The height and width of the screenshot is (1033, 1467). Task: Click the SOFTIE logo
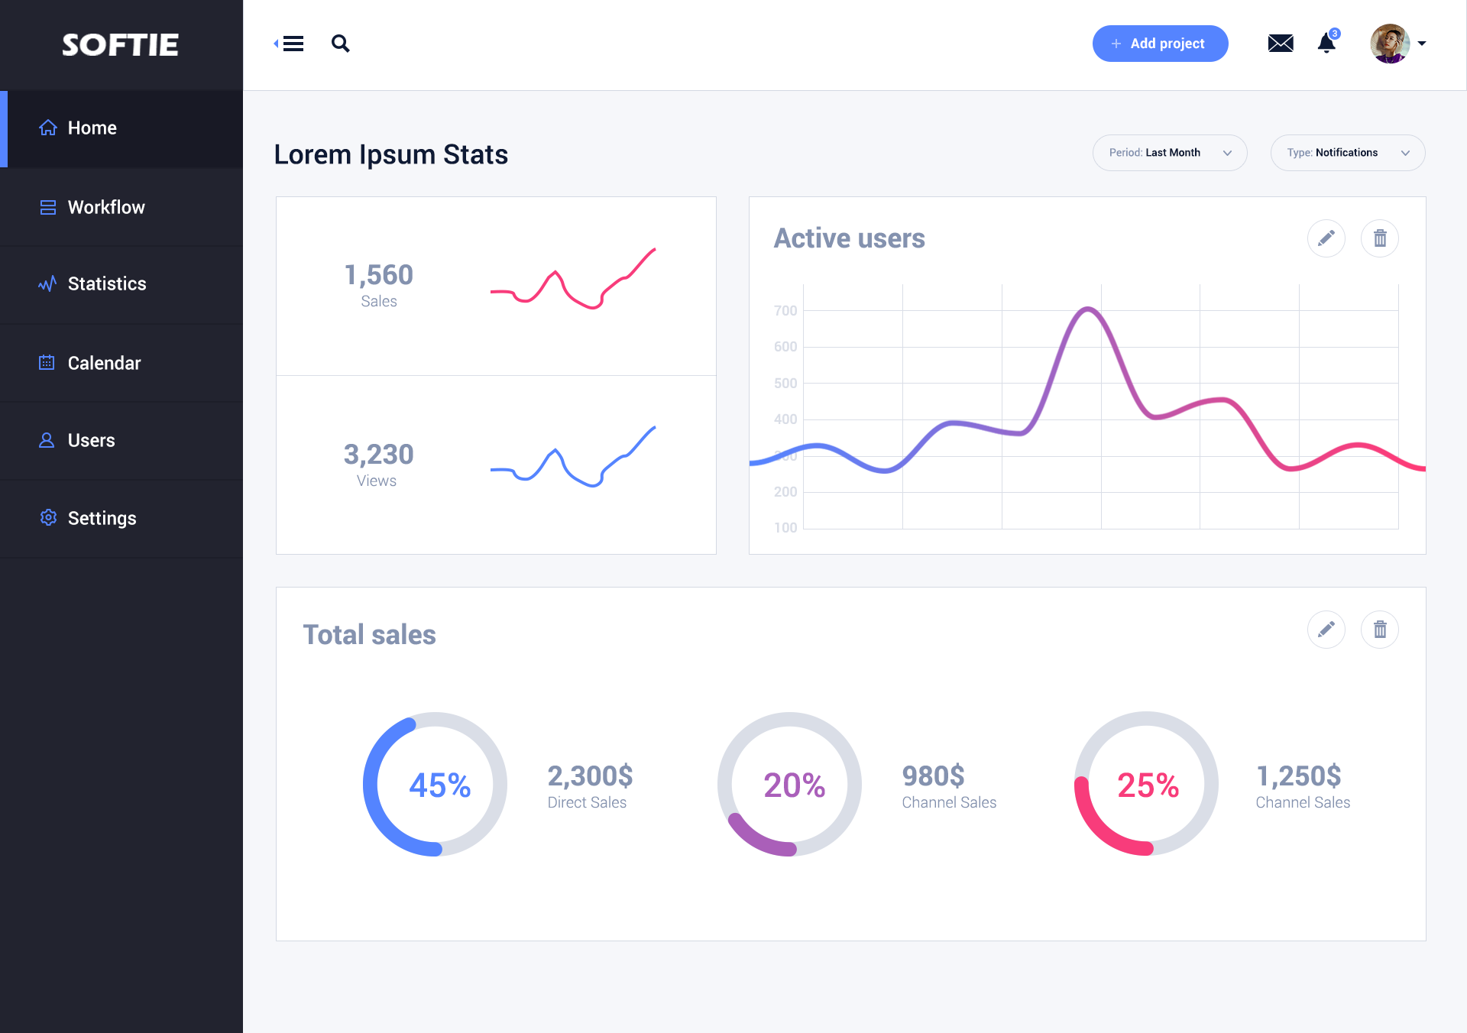[120, 45]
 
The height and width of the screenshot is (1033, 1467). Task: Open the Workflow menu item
[106, 207]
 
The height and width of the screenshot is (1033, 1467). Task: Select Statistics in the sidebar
[107, 283]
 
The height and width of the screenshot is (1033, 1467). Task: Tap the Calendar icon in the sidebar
[47, 362]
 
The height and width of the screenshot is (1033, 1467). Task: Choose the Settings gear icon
[48, 517]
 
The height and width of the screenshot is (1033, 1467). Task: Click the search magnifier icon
[341, 44]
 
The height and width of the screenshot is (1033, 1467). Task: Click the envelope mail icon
[1281, 44]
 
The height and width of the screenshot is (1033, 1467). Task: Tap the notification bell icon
[1327, 44]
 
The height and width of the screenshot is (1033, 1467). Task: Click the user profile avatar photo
[1390, 44]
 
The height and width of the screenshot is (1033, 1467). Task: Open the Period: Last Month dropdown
[1170, 153]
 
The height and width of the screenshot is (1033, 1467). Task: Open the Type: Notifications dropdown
[1348, 153]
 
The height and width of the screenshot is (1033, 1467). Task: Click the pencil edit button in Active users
[1326, 238]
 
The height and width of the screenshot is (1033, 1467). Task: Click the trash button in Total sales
[1380, 630]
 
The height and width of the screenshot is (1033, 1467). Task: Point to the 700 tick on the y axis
[785, 310]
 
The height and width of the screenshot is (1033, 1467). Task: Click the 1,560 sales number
[379, 275]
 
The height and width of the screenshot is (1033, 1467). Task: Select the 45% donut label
[439, 785]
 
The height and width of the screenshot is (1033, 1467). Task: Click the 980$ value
[933, 776]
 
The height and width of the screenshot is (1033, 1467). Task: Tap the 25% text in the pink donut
[1148, 785]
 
